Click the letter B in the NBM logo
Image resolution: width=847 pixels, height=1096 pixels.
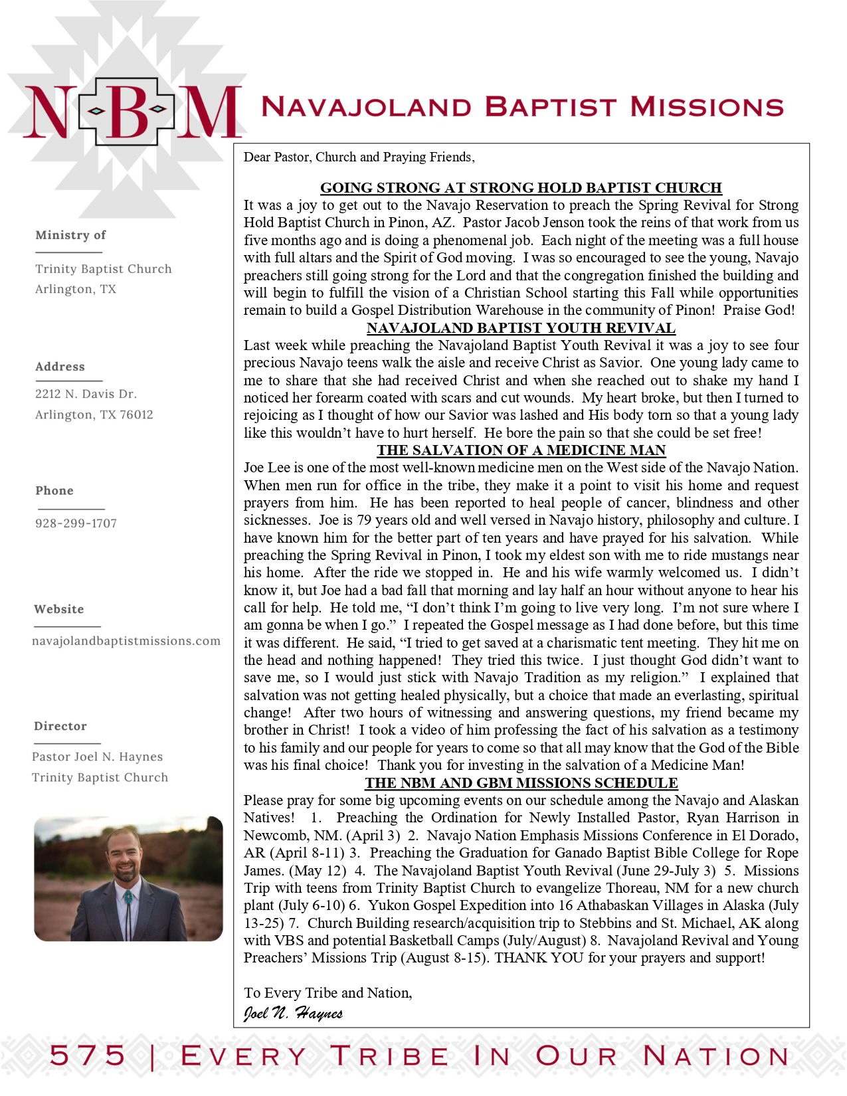pyautogui.click(x=126, y=111)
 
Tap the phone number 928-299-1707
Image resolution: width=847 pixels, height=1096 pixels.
pyautogui.click(x=76, y=523)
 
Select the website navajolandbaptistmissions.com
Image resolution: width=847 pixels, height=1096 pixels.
pyautogui.click(x=126, y=641)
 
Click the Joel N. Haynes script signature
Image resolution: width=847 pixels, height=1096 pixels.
pyautogui.click(x=293, y=1013)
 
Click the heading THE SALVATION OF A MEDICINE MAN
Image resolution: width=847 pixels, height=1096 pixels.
pyautogui.click(x=521, y=450)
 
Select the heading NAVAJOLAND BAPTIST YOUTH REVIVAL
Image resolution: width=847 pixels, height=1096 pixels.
pyautogui.click(x=521, y=328)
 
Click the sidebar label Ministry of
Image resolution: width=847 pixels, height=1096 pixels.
pyautogui.click(x=70, y=235)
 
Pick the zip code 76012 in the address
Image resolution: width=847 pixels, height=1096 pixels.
pyautogui.click(x=136, y=414)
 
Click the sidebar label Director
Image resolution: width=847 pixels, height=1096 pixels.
pyautogui.click(x=60, y=726)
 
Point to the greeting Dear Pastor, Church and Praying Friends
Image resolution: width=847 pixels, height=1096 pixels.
pyautogui.click(x=359, y=157)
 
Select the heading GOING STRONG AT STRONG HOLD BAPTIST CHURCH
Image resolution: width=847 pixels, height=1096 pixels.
pyautogui.click(x=521, y=188)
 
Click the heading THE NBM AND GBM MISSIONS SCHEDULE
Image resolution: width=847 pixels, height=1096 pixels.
pyautogui.click(x=521, y=783)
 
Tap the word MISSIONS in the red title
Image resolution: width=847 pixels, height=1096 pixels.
pyautogui.click(x=707, y=106)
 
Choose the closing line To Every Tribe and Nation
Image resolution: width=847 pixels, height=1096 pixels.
pyautogui.click(x=328, y=993)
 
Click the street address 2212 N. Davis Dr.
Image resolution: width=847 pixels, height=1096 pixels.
pyautogui.click(x=86, y=394)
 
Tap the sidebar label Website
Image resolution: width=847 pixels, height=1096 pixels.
pyautogui.click(x=59, y=609)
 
